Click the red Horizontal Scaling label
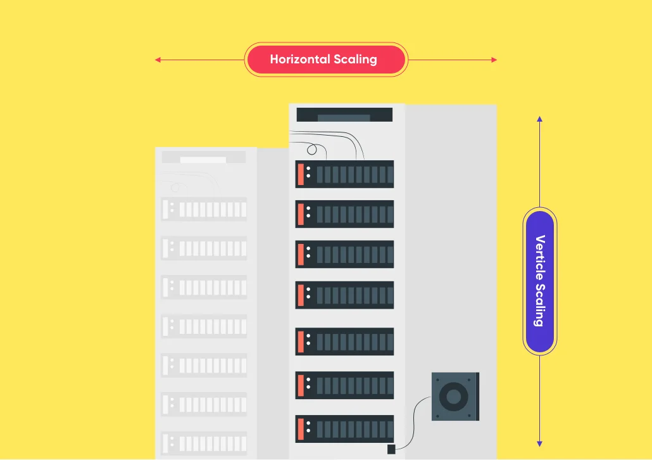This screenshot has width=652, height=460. (325, 60)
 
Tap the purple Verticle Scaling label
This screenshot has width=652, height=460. (539, 281)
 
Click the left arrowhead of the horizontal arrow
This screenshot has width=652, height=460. (158, 60)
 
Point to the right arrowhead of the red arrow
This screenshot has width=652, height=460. (494, 60)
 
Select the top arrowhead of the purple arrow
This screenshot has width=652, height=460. (539, 119)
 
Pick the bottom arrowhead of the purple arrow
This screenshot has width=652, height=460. (539, 444)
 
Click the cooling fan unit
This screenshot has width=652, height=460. (455, 397)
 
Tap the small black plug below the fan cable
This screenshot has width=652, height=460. (391, 449)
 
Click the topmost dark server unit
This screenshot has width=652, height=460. (344, 174)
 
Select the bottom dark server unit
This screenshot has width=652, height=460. (344, 429)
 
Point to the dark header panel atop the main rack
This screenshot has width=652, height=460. (344, 115)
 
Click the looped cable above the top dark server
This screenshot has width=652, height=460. (311, 150)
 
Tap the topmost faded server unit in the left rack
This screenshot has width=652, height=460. (204, 209)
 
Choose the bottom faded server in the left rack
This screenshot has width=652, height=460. (204, 444)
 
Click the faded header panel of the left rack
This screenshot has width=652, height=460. (204, 157)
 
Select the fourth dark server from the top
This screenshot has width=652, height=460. (344, 295)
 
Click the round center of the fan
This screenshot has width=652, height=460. (454, 397)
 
